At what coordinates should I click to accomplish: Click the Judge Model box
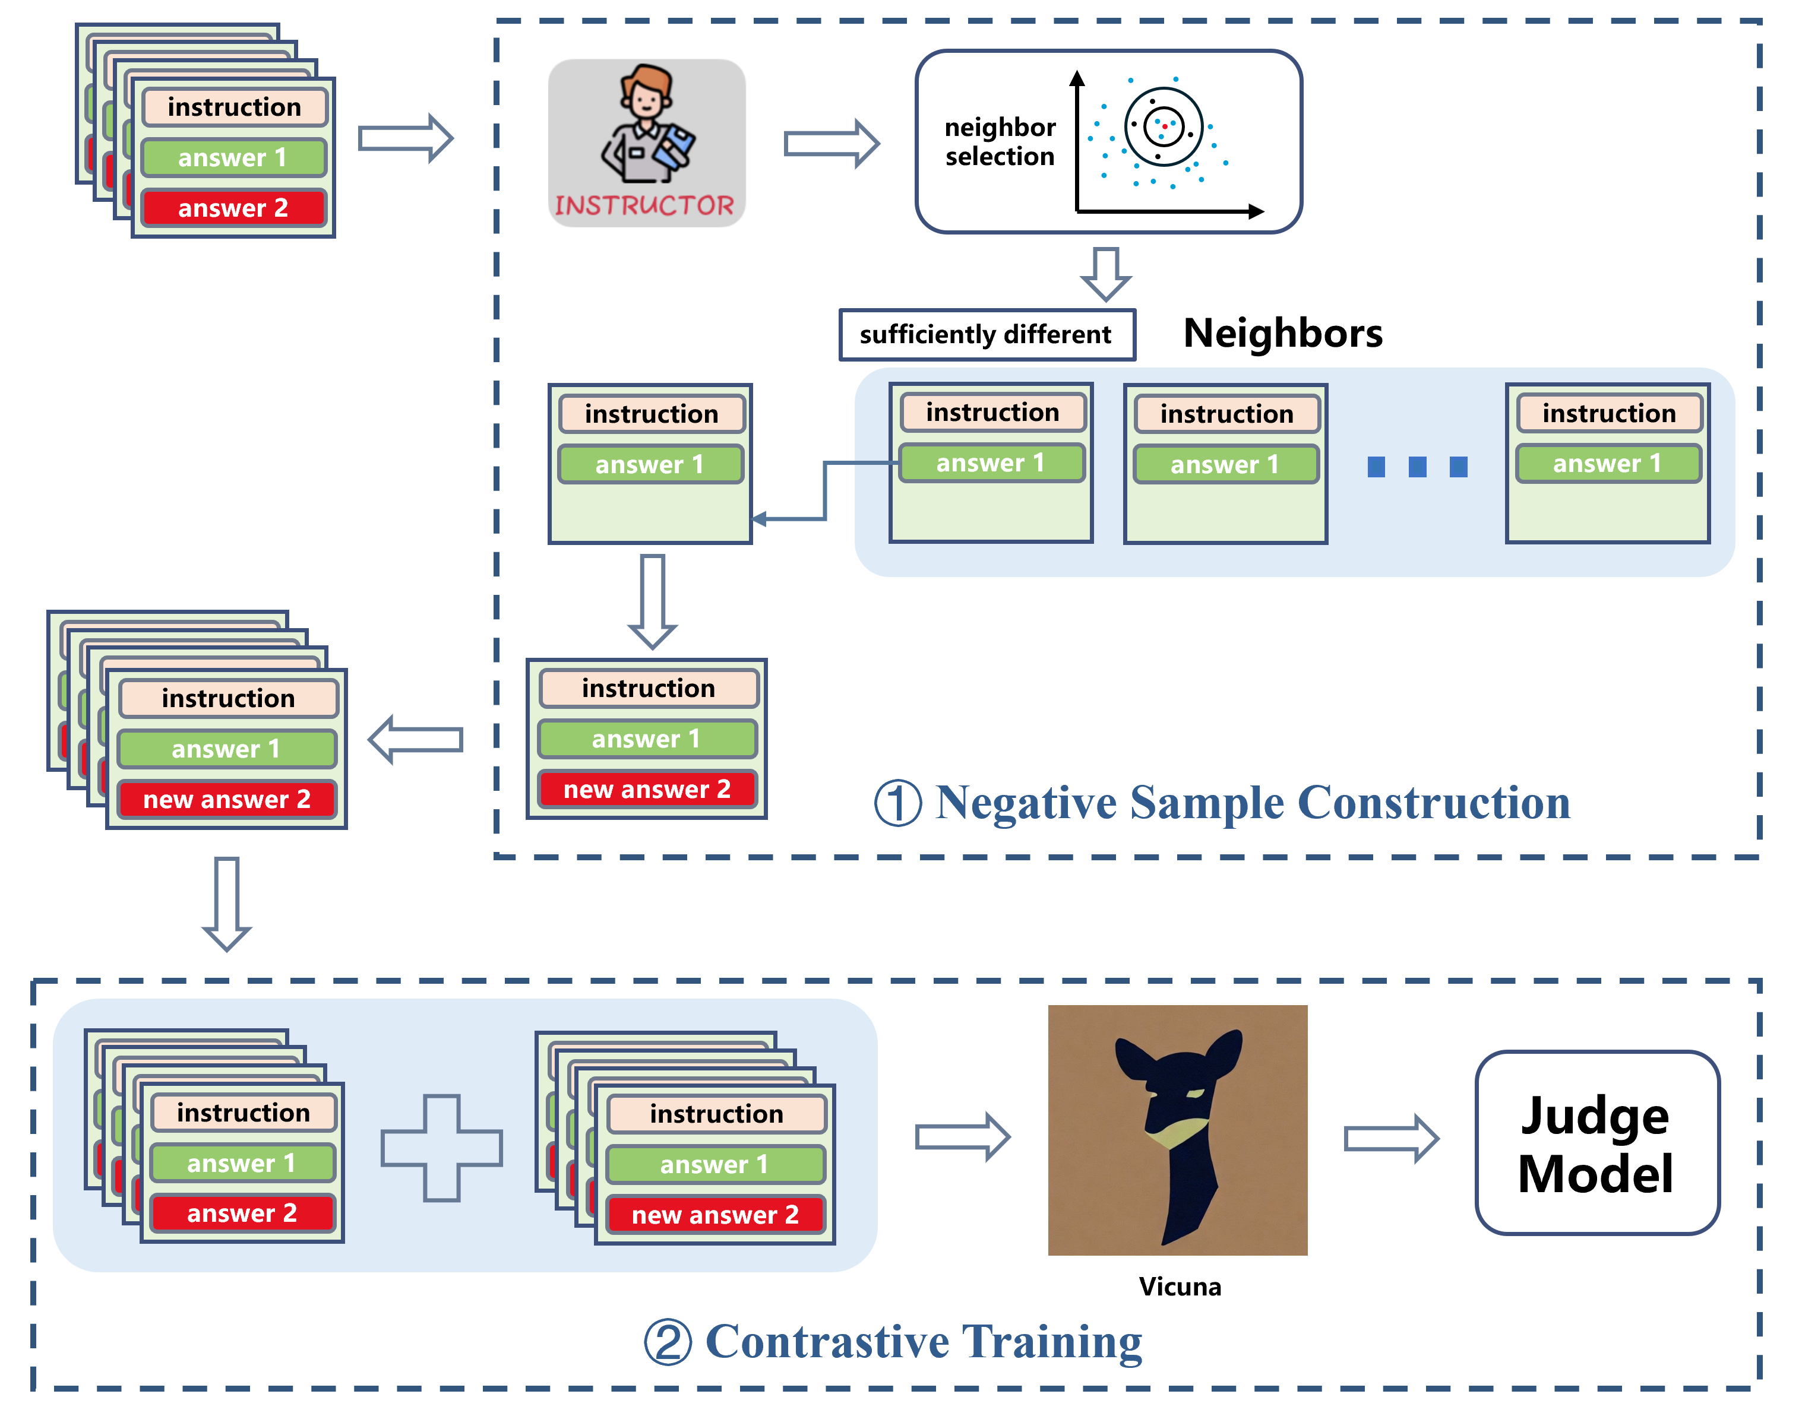[x=1596, y=1142]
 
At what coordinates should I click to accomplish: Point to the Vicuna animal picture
[x=1177, y=1130]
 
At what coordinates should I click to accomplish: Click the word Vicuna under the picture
[x=1180, y=1287]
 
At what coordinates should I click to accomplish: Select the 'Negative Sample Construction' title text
[x=1253, y=803]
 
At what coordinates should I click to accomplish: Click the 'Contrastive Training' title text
[x=923, y=1341]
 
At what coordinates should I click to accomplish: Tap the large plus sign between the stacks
[x=441, y=1148]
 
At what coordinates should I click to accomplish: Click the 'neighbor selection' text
[x=1000, y=141]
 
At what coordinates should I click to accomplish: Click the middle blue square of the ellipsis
[x=1417, y=467]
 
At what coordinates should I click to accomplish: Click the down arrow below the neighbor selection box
[x=1106, y=274]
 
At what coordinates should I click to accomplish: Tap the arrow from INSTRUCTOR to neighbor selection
[x=831, y=143]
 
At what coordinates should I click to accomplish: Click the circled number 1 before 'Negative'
[x=898, y=803]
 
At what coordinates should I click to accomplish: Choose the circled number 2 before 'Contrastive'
[x=668, y=1342]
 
